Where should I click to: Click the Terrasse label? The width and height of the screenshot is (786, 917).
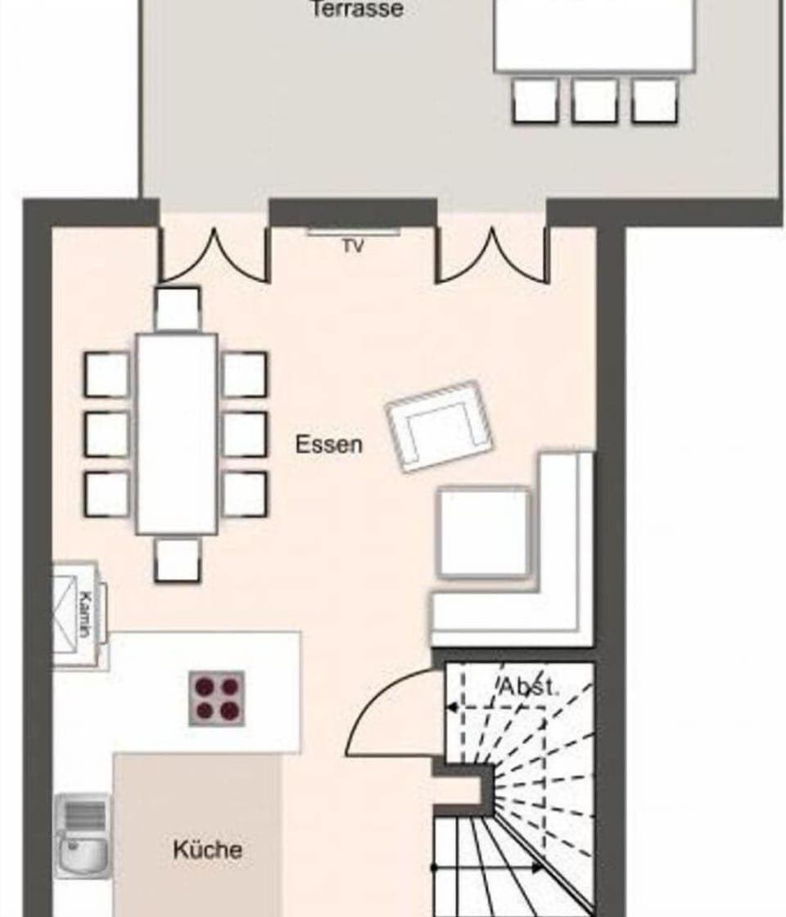coord(357,10)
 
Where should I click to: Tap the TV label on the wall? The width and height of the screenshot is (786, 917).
coord(353,246)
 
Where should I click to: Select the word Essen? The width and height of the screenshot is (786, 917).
coord(328,445)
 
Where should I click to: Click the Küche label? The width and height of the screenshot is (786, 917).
coord(207,849)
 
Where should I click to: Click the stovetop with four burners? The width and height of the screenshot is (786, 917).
coord(217,698)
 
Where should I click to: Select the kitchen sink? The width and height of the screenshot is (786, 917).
coord(83,835)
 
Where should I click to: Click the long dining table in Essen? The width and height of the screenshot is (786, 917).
coord(177,434)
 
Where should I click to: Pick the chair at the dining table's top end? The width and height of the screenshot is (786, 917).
coord(178,309)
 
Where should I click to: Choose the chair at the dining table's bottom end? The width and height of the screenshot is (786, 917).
coord(177,559)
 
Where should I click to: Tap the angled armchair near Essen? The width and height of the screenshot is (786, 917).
coord(439,426)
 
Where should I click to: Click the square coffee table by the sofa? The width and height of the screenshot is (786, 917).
coord(485,532)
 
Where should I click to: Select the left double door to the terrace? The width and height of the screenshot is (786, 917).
coord(215,255)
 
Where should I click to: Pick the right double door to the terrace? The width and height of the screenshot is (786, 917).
coord(492,255)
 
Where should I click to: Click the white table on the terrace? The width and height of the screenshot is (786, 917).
coord(594,37)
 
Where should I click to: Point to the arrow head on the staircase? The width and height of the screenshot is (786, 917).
coord(536,867)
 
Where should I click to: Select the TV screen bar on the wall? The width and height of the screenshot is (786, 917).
coord(354,233)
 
